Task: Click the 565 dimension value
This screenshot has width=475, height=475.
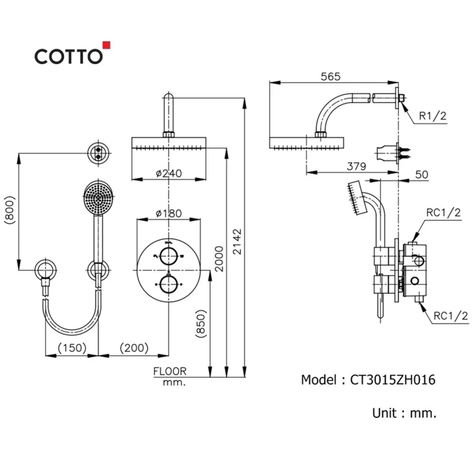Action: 330,77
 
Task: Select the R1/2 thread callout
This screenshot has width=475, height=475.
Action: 433,116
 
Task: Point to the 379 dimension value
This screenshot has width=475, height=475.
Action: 356,166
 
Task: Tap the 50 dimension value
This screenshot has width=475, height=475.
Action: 422,175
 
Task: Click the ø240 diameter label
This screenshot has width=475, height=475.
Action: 169,173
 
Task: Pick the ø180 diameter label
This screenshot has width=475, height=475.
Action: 169,213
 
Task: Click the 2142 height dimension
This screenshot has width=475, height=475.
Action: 238,242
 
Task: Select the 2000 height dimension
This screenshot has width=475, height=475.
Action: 220,259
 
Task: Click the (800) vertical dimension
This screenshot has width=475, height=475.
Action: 10,209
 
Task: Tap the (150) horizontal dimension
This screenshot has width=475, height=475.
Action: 72,348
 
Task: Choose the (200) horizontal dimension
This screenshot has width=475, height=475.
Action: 134,348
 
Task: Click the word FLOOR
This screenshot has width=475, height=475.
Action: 170,372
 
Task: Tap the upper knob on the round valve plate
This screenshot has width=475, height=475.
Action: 168,256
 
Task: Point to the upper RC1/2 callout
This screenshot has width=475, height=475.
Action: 443,213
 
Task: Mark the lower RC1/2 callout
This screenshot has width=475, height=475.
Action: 451,316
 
